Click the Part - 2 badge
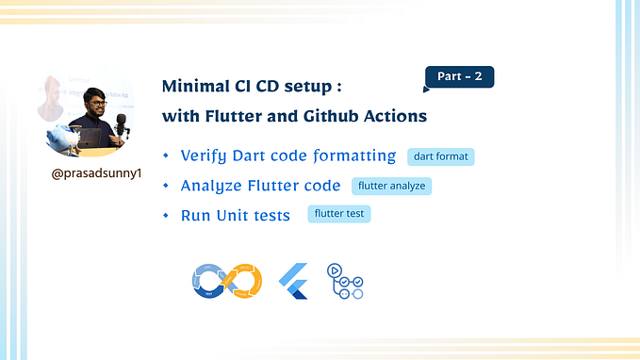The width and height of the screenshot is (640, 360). point(460,77)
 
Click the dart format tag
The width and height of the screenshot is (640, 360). point(440,156)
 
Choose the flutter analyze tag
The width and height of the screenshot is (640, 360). point(392,186)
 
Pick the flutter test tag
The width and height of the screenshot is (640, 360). point(339,214)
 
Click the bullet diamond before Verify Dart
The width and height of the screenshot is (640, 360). point(166,155)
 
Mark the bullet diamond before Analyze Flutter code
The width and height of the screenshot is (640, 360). point(166,186)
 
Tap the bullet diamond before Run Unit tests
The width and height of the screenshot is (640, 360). point(166,215)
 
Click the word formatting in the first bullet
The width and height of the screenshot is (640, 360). point(353,156)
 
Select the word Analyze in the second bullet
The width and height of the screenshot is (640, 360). point(210,187)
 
